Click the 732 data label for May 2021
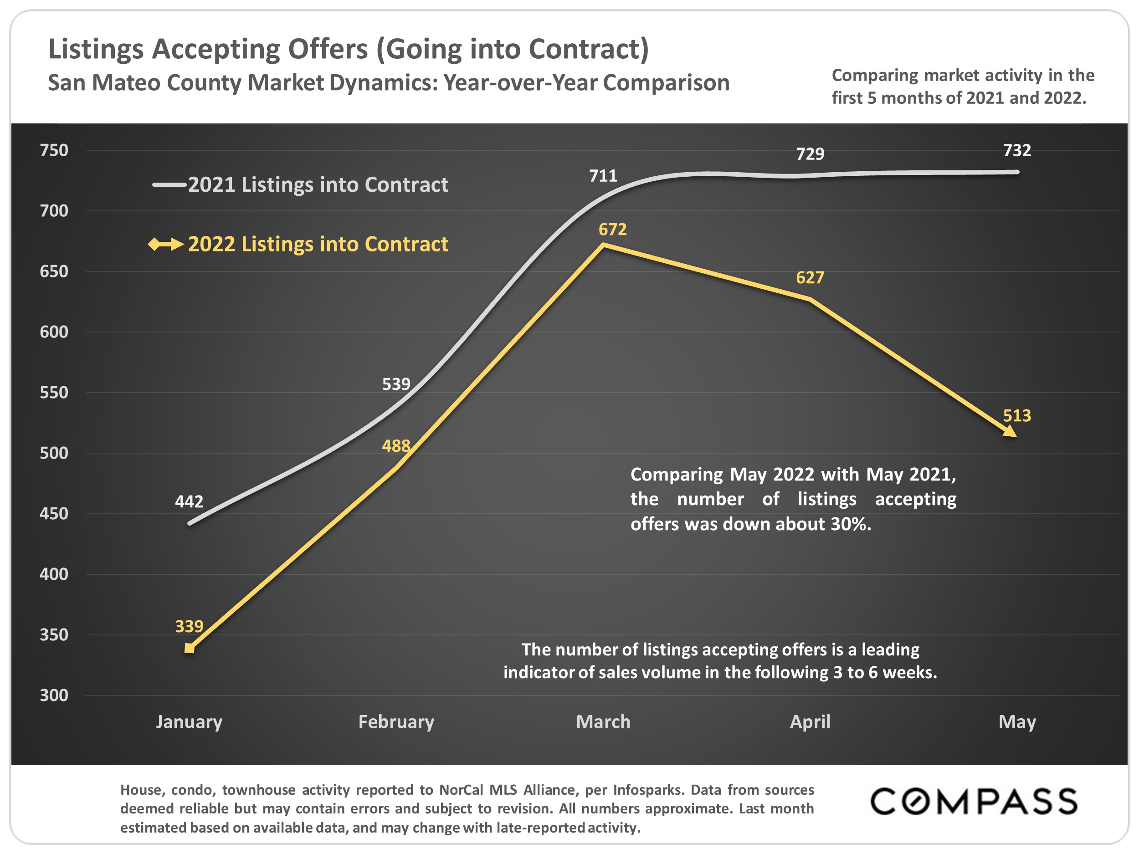(x=1016, y=150)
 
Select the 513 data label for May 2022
(x=1016, y=415)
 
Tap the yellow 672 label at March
(x=612, y=229)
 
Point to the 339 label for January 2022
(x=189, y=626)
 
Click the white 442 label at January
(x=189, y=501)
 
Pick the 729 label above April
(x=810, y=153)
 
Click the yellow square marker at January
(x=190, y=648)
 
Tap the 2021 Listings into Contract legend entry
(x=318, y=185)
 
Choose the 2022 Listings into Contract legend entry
(x=318, y=244)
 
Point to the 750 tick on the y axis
(x=54, y=150)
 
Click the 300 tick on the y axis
(x=54, y=695)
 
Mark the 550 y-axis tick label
(x=54, y=392)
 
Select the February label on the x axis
(x=396, y=722)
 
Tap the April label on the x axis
(x=810, y=722)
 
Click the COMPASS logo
(x=973, y=802)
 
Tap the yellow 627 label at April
(x=810, y=277)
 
